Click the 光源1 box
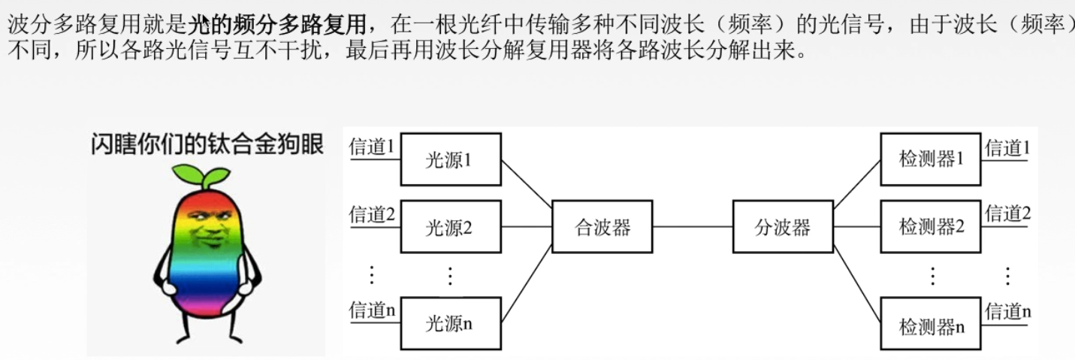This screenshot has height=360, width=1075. point(450,159)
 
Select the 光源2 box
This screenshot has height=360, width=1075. point(450,227)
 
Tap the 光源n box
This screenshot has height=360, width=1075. point(450,323)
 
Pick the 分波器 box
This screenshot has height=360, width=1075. point(782,227)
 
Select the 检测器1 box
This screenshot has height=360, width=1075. point(930,159)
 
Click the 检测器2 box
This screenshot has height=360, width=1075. point(930,227)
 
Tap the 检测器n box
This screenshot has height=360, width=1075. point(930,326)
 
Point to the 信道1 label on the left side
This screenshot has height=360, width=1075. point(372,147)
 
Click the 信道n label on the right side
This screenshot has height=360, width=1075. point(1007,311)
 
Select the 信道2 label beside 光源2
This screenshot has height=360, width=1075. point(372,215)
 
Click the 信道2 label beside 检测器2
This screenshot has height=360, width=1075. point(1007,213)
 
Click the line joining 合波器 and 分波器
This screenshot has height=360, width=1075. point(692,226)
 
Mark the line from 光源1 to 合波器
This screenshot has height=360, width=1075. point(526,180)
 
